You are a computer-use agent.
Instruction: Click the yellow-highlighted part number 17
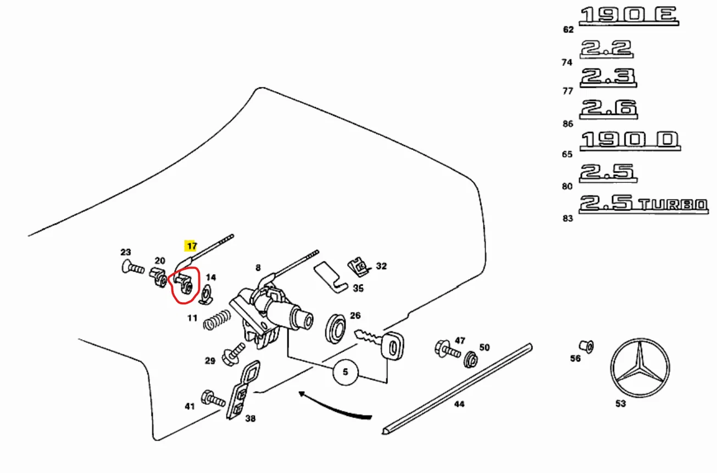click(x=191, y=246)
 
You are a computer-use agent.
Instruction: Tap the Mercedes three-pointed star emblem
click(x=640, y=368)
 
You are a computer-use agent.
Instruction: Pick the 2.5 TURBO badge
click(x=643, y=204)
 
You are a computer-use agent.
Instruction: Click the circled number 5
click(x=345, y=372)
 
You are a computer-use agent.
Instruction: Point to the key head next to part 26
click(x=393, y=347)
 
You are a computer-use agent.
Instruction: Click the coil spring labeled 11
click(x=216, y=321)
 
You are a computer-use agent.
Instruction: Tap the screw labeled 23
click(x=132, y=269)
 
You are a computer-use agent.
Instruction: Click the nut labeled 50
click(x=471, y=360)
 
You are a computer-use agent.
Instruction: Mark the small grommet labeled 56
click(x=586, y=347)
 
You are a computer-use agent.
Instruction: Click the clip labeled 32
click(x=359, y=267)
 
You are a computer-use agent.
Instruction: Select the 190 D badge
click(x=630, y=140)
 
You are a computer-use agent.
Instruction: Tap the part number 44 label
click(x=459, y=404)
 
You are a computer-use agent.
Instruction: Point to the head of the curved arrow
click(x=299, y=393)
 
